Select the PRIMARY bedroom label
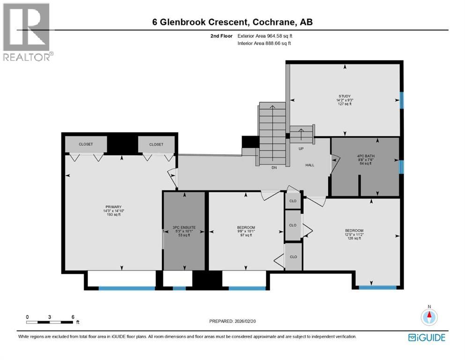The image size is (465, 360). tap(113, 207)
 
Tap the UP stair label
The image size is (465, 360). tap(302, 148)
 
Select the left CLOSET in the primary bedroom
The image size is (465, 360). tap(86, 144)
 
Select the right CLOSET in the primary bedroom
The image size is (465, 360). tap(156, 144)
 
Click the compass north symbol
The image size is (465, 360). tap(428, 316)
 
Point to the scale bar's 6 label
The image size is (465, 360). tap(73, 316)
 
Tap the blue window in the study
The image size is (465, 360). tap(401, 99)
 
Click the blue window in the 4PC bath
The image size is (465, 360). tap(401, 166)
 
